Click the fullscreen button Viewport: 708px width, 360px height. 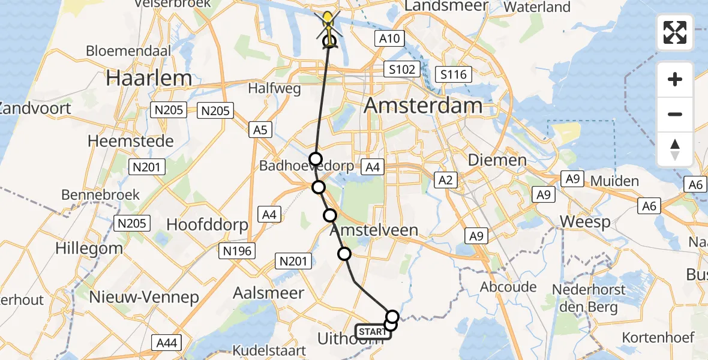(675, 32)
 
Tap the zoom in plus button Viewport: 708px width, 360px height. (675, 79)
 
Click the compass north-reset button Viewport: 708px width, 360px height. (675, 149)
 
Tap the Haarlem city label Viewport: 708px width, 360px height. (149, 78)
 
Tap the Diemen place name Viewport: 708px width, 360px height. (497, 160)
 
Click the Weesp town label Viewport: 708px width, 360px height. (585, 221)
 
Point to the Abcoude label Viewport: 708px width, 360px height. (508, 287)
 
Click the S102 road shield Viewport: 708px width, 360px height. (401, 70)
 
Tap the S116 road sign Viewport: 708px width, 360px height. (453, 74)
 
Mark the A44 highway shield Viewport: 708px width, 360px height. (166, 343)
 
